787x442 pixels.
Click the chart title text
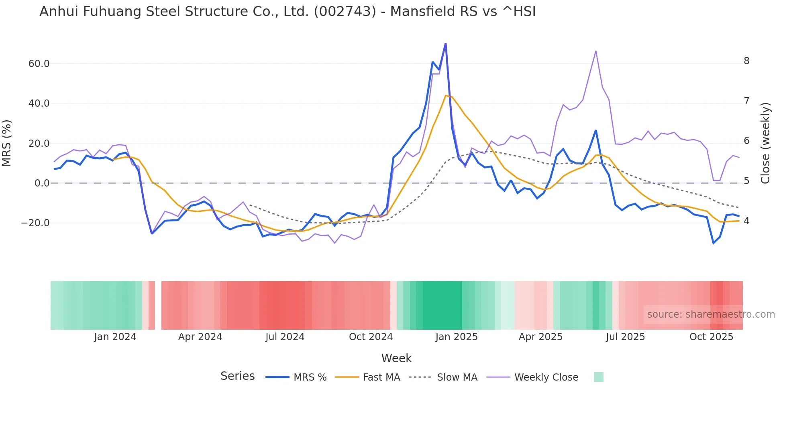(287, 12)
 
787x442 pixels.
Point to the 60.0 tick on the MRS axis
(39, 63)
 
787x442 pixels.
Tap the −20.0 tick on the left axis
(35, 223)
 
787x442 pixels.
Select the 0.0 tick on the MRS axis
(42, 183)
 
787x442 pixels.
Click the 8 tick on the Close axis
(746, 61)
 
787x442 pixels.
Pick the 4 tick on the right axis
(746, 221)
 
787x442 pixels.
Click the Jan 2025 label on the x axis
(457, 337)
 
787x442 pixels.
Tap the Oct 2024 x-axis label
(371, 337)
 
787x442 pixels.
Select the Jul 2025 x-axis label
(625, 337)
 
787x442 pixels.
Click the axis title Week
(396, 358)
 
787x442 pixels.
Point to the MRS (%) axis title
(7, 143)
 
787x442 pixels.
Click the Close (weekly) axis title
(766, 143)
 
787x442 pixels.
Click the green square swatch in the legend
(598, 377)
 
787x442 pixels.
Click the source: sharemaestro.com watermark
(711, 314)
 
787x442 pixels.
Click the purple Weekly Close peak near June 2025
(596, 51)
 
